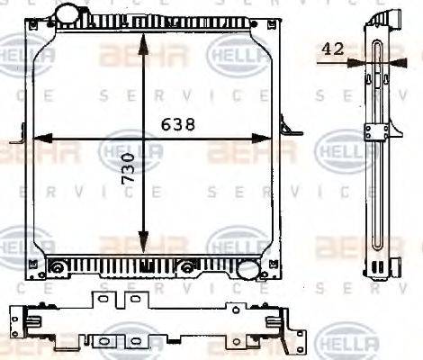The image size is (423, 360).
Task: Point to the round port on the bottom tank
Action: tap(245, 268)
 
